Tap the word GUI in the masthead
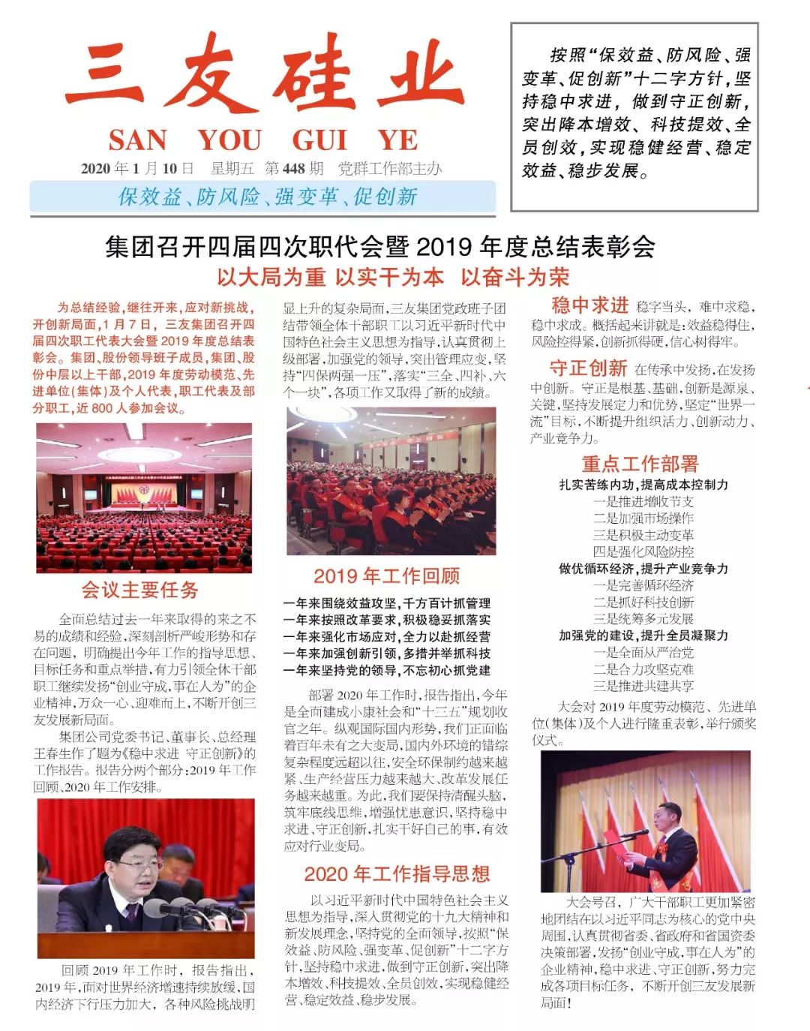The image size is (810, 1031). tap(319, 140)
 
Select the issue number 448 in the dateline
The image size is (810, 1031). tap(293, 169)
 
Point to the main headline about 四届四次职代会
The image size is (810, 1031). tap(379, 246)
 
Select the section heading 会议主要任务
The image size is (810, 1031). tap(139, 590)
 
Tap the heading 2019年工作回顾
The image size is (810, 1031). tap(386, 576)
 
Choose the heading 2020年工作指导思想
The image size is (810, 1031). tap(397, 873)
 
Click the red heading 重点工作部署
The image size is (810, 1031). tap(640, 464)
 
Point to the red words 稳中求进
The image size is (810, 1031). tap(589, 305)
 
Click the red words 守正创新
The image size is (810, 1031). tap(588, 368)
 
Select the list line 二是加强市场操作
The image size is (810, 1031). tap(643, 519)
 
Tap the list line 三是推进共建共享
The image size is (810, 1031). tap(643, 686)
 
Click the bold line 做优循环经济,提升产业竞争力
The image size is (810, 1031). tap(643, 569)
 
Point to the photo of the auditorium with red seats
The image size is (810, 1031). tap(144, 497)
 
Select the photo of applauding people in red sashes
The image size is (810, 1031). tap(391, 481)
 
